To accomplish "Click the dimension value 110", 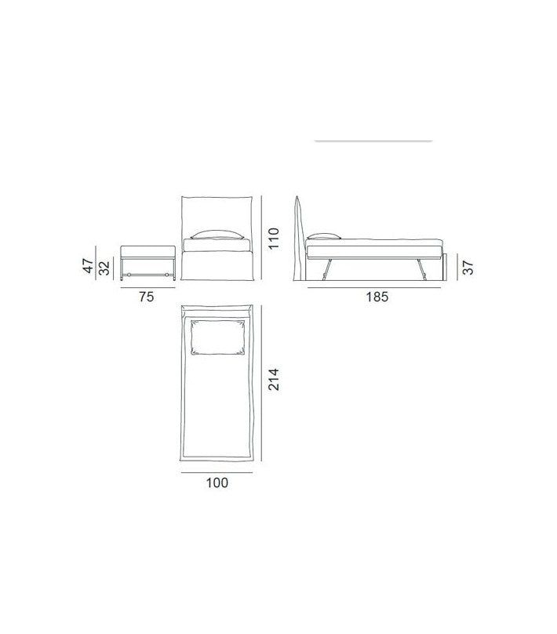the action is click(274, 239).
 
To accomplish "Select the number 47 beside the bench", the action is click(89, 266).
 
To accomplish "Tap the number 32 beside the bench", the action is click(104, 268).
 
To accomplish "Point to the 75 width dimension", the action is click(147, 297).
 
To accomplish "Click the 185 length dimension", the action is click(377, 297).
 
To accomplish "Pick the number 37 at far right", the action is click(468, 268).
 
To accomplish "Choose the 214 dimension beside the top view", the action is click(274, 379).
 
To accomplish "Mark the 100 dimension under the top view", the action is click(217, 483).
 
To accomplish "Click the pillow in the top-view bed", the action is click(217, 337).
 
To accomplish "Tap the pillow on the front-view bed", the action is click(217, 235).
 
